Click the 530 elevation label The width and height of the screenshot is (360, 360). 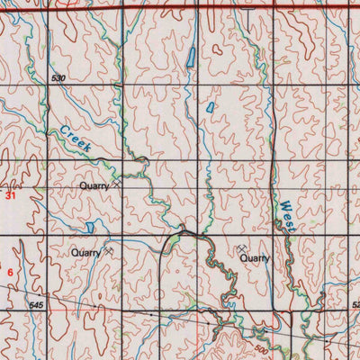click(60, 80)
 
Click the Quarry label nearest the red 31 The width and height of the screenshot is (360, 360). click(93, 185)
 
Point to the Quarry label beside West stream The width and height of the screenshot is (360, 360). click(254, 257)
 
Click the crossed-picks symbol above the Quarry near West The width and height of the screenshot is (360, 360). click(243, 247)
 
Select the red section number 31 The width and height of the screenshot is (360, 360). click(11, 193)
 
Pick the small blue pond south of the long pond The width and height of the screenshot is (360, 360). click(211, 106)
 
